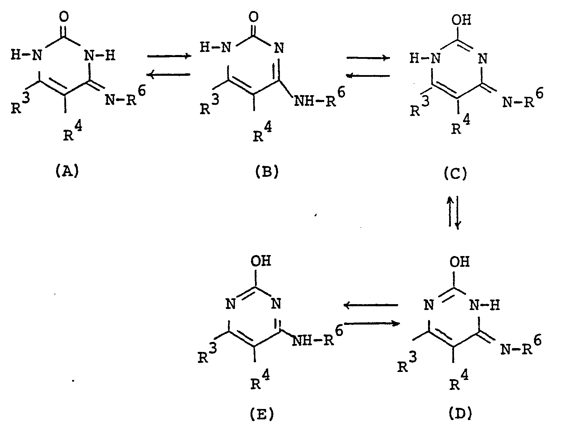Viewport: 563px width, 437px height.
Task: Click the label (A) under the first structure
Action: [x=67, y=171]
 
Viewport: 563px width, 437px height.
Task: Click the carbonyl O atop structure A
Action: [x=66, y=17]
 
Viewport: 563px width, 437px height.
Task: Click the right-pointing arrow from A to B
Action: [x=169, y=56]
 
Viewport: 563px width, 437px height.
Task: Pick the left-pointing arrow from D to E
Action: [x=370, y=305]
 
